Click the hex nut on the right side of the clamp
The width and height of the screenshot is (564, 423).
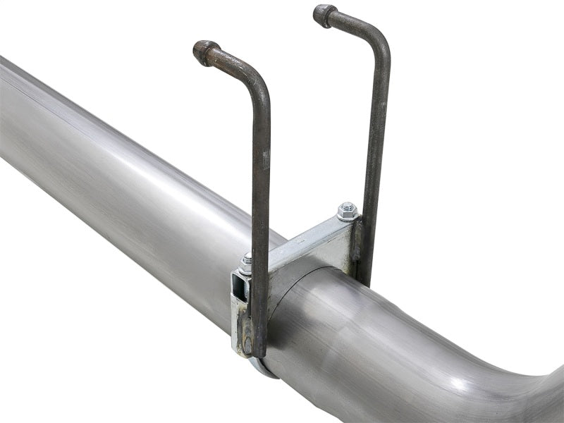[x=346, y=210]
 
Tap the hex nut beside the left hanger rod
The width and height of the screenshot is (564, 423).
[x=246, y=262]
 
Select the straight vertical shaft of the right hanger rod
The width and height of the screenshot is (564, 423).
[x=377, y=141]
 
